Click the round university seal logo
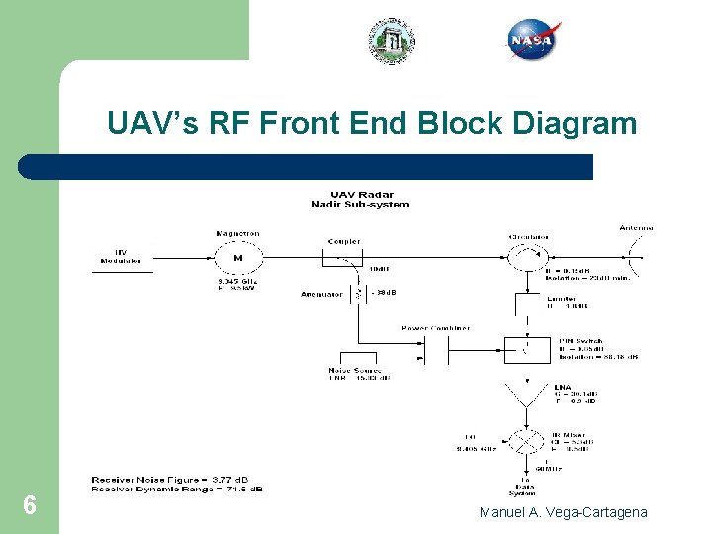393,41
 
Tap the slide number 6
30,506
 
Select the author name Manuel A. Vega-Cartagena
563,512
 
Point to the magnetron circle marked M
237,260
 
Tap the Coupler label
343,241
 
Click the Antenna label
636,228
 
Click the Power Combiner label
435,328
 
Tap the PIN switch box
528,348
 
